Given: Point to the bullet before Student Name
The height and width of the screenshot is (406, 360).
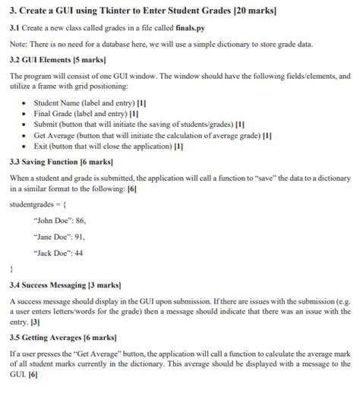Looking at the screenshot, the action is (x=26, y=102).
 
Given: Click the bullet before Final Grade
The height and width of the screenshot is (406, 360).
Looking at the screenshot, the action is (x=26, y=112).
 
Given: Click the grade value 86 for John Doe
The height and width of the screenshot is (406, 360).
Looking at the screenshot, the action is (x=81, y=220).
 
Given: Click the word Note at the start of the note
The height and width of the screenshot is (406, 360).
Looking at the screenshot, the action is (x=17, y=44).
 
